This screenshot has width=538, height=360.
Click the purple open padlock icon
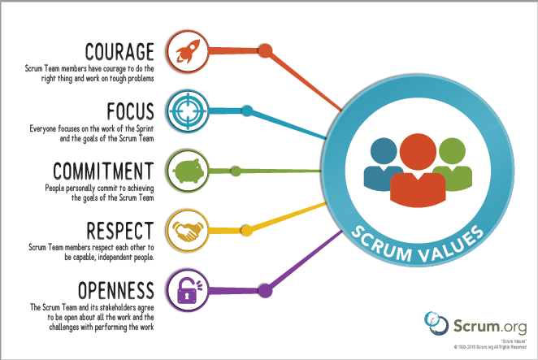pyautogui.click(x=185, y=289)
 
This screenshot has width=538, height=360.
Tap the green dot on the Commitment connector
pyautogui.click(x=235, y=171)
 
